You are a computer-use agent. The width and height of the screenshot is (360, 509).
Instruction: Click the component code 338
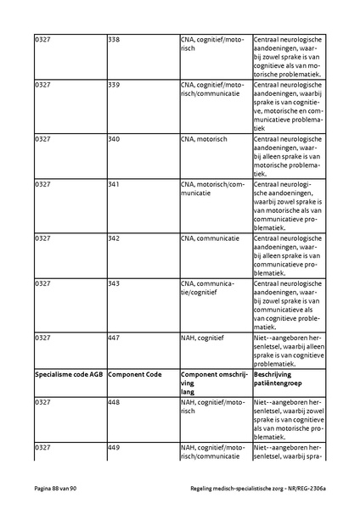coord(114,39)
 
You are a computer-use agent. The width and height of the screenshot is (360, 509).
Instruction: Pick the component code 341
coord(114,184)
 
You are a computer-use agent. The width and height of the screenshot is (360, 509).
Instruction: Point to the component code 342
coord(114,238)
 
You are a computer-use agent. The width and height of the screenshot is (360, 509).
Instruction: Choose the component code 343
coord(114,283)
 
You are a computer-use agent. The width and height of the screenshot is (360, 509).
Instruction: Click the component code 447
coord(114,338)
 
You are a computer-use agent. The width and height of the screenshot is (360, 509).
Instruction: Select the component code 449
coord(114,446)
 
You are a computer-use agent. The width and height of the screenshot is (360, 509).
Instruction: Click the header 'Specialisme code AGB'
coord(67,374)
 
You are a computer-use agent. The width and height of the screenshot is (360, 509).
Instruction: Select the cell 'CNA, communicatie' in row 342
coord(210,238)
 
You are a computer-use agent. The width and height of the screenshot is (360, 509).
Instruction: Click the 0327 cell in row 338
coord(42,39)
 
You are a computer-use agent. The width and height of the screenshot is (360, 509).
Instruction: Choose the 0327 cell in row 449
coord(42,446)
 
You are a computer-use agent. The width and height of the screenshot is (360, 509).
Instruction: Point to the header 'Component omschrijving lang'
coord(212,383)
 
